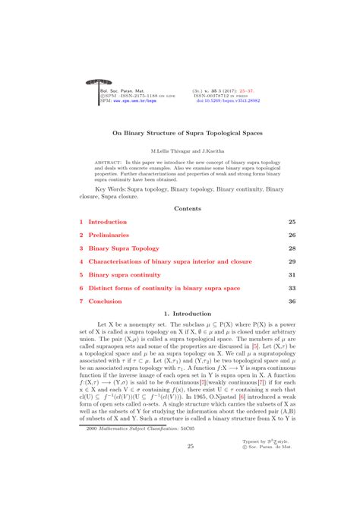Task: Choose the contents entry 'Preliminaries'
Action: [109, 235]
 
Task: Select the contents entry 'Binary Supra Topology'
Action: [124, 248]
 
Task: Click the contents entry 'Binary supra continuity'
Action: [126, 274]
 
